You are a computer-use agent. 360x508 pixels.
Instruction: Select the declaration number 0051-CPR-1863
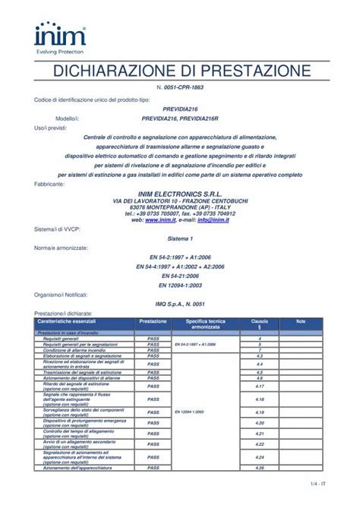(179, 88)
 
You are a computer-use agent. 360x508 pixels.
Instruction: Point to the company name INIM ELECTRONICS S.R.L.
(179, 194)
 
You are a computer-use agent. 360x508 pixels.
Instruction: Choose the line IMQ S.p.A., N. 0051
(179, 303)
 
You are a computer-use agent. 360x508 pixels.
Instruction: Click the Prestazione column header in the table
(153, 322)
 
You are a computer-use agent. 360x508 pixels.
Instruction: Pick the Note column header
(300, 322)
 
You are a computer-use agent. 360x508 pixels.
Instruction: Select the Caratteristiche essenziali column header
(74, 322)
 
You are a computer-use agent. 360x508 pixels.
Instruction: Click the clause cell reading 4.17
(260, 387)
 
